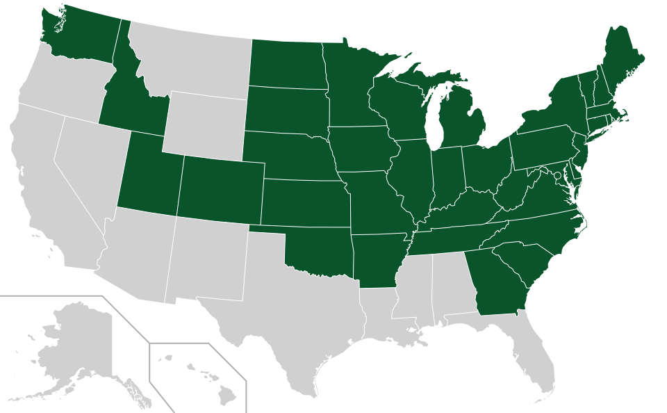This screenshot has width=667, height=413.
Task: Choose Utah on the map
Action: (x=149, y=174)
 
